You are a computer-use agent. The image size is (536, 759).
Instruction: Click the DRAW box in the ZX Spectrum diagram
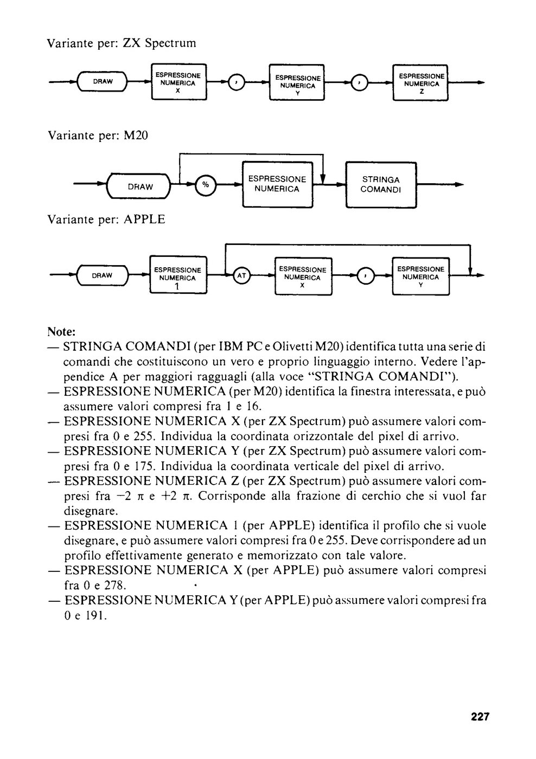click(102, 81)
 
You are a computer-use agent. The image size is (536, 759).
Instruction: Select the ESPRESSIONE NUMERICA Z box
click(420, 82)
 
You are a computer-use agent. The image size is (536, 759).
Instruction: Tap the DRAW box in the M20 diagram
click(139, 186)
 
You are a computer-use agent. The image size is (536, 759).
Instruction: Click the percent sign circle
click(206, 185)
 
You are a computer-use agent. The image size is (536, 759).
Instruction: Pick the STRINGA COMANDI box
click(381, 185)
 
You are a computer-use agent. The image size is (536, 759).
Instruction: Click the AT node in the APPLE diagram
click(241, 275)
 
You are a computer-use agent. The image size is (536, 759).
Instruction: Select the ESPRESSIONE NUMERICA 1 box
click(178, 274)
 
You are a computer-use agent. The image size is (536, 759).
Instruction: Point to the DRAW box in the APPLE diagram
click(103, 275)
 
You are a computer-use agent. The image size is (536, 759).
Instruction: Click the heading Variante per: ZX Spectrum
click(122, 43)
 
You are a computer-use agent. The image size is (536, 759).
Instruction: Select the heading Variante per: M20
click(98, 136)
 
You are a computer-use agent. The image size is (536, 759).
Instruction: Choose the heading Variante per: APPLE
click(106, 219)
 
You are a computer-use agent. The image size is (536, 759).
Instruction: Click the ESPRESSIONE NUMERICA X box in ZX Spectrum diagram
click(178, 82)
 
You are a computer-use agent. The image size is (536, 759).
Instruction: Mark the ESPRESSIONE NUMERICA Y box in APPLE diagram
click(421, 276)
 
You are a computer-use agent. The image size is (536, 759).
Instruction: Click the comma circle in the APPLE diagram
click(366, 276)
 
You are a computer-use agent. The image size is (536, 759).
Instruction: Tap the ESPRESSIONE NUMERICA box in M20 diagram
click(277, 184)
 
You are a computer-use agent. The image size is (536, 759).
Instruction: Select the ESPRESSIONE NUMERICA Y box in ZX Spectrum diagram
click(297, 82)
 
